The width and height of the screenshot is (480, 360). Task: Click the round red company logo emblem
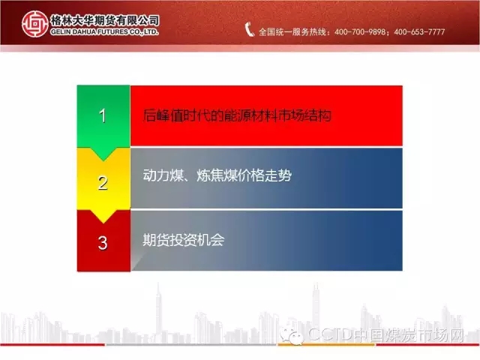pyautogui.click(x=35, y=24)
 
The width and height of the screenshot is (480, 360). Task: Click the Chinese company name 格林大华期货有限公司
pyautogui.click(x=105, y=20)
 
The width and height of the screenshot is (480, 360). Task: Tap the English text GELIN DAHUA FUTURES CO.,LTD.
pyautogui.click(x=104, y=31)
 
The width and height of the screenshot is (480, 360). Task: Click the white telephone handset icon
pyautogui.click(x=249, y=30)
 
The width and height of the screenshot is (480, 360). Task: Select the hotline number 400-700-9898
pyautogui.click(x=360, y=31)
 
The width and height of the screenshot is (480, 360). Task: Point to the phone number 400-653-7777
pyautogui.click(x=419, y=31)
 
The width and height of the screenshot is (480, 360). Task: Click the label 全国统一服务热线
pyautogui.click(x=292, y=31)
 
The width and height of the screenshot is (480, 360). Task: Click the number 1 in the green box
pyautogui.click(x=103, y=116)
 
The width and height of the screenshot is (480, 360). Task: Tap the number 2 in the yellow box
pyautogui.click(x=103, y=183)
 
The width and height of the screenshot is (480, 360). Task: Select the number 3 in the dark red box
pyautogui.click(x=103, y=243)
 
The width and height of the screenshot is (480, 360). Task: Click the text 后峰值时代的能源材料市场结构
pyautogui.click(x=237, y=115)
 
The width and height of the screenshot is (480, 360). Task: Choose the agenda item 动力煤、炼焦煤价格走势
pyautogui.click(x=217, y=175)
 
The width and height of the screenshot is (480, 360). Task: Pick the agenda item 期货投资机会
pyautogui.click(x=183, y=240)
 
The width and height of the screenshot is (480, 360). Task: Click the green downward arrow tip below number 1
pyautogui.click(x=103, y=160)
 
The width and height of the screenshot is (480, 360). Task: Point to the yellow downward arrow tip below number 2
pyautogui.click(x=103, y=223)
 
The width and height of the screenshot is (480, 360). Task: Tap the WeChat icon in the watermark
pyautogui.click(x=292, y=336)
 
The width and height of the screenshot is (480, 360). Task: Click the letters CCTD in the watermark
pyautogui.click(x=330, y=334)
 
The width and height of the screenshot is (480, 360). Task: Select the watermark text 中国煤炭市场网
pyautogui.click(x=409, y=334)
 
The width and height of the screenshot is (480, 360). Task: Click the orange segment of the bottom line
pyautogui.click(x=326, y=345)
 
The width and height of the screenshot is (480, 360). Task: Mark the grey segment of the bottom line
pyautogui.click(x=191, y=345)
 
